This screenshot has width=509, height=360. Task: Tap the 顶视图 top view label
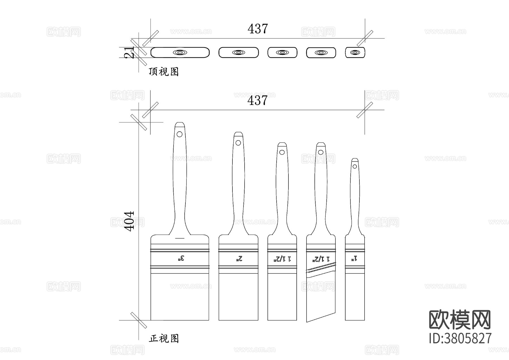click(x=164, y=72)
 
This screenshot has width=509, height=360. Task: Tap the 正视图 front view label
click(x=164, y=338)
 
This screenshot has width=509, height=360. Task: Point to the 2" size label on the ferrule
click(x=239, y=258)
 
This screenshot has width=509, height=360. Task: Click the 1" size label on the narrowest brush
click(x=355, y=258)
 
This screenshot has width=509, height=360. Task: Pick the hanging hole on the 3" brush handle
click(x=180, y=134)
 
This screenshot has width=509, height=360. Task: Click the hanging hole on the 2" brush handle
click(x=238, y=143)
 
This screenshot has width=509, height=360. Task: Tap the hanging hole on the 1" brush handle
click(x=355, y=166)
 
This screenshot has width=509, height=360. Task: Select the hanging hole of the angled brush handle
click(x=320, y=152)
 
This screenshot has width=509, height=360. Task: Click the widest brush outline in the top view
click(x=180, y=53)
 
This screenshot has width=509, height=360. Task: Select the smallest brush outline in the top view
click(x=355, y=53)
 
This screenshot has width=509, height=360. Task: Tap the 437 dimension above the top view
click(x=257, y=29)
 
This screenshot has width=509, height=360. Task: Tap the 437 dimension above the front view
click(x=257, y=100)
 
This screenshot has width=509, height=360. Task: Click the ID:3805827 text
click(x=460, y=338)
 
